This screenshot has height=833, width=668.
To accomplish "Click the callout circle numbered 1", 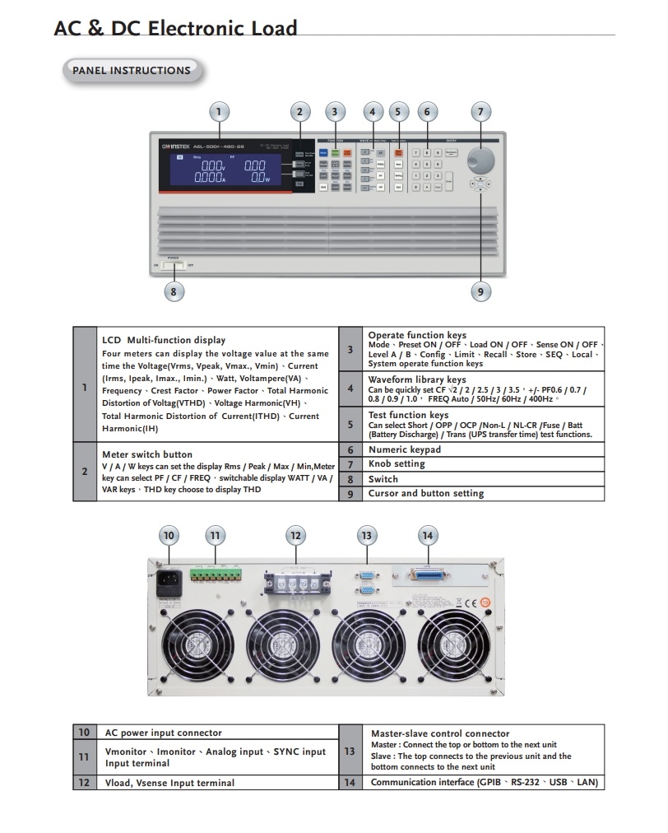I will pyautogui.click(x=218, y=112).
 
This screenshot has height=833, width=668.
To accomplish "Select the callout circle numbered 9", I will pyautogui.click(x=480, y=291).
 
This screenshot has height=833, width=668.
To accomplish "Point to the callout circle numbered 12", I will pyautogui.click(x=295, y=536).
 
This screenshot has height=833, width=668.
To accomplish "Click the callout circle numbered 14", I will pyautogui.click(x=427, y=536).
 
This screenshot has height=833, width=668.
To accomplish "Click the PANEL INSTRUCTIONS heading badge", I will pyautogui.click(x=131, y=71).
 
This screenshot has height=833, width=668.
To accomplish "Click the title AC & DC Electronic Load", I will pyautogui.click(x=175, y=29).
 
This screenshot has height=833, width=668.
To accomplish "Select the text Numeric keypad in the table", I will pyautogui.click(x=405, y=449).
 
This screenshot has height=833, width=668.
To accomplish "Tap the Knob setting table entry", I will pyautogui.click(x=397, y=464).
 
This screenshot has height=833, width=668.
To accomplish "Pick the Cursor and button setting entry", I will pyautogui.click(x=425, y=493).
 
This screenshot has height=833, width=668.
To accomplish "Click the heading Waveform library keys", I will pyautogui.click(x=416, y=379).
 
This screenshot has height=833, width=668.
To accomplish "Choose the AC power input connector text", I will pyautogui.click(x=163, y=733).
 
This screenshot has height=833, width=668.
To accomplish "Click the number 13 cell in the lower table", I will pyautogui.click(x=350, y=752).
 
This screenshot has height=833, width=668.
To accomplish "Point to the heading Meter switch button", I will pyautogui.click(x=147, y=454).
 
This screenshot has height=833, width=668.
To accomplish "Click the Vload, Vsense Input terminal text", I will pyautogui.click(x=169, y=783).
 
